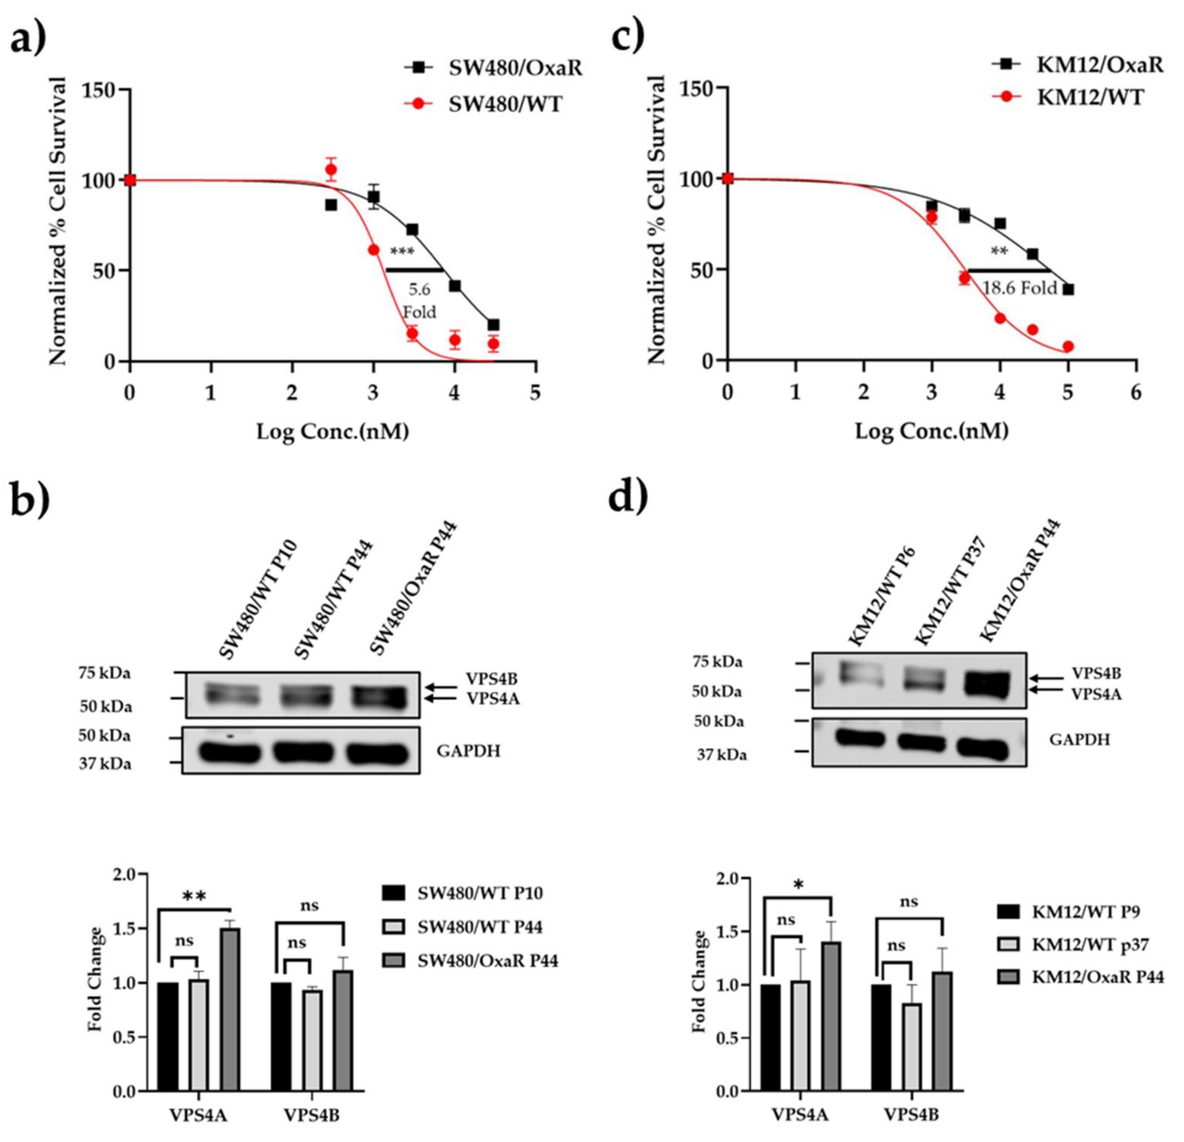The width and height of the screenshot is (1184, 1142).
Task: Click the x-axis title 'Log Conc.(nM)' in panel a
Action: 333,432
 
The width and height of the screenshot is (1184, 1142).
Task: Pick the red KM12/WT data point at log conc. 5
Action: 1068,347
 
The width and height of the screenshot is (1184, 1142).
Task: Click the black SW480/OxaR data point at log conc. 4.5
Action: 493,325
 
